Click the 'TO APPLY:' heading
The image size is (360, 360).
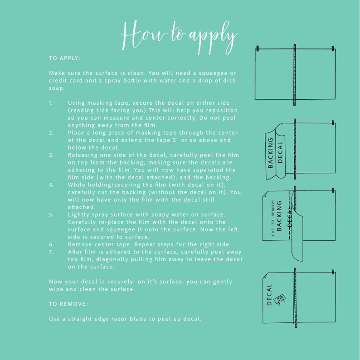tap(64, 58)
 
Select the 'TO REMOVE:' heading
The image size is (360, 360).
tap(68, 304)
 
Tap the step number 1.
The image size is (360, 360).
tap(51, 103)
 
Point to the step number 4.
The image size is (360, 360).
tap(51, 185)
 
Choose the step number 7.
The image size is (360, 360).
tap(51, 252)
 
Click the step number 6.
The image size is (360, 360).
tap(51, 244)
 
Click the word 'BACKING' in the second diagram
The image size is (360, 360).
tap(271, 153)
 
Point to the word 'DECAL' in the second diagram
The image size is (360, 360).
tap(280, 152)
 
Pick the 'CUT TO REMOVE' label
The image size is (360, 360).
tap(273, 218)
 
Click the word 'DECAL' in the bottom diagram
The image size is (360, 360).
tap(269, 295)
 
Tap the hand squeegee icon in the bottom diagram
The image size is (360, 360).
tap(280, 300)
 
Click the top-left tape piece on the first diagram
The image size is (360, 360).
tap(258, 49)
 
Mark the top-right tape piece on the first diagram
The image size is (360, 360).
tap(333, 49)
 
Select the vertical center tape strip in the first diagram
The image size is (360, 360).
tap(295, 75)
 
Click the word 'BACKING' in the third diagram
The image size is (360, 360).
tap(279, 216)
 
